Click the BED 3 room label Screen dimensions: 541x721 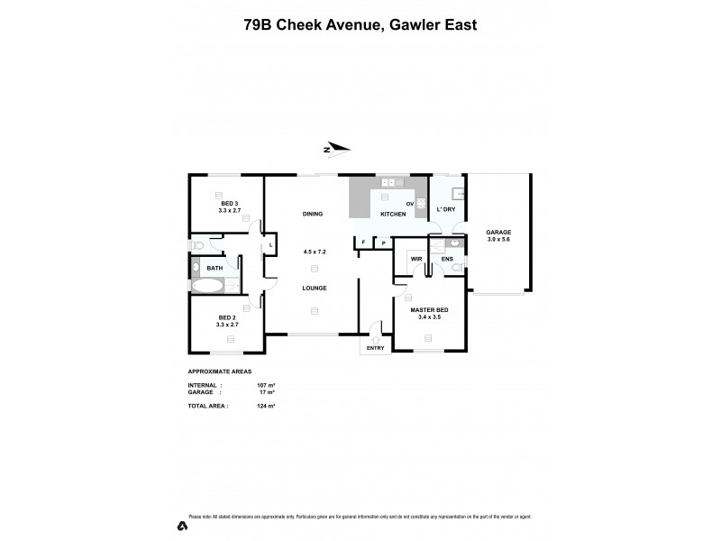[x=229, y=204]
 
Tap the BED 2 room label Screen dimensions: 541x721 [x=228, y=318]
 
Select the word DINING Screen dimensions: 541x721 [x=313, y=214]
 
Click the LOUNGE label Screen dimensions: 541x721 [x=314, y=288]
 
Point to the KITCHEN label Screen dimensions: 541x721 [x=393, y=214]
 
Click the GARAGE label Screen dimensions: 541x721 [x=498, y=232]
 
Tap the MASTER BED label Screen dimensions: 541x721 [x=429, y=310]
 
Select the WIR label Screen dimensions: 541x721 [x=416, y=259]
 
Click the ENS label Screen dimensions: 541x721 [x=447, y=259]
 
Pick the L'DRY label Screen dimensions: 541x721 [x=446, y=209]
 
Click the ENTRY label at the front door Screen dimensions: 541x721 [x=376, y=348]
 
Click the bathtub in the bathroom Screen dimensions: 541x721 [x=208, y=287]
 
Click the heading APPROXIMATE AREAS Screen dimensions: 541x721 [x=219, y=371]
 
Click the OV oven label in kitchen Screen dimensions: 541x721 [x=409, y=204]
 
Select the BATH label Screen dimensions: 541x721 [x=214, y=268]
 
